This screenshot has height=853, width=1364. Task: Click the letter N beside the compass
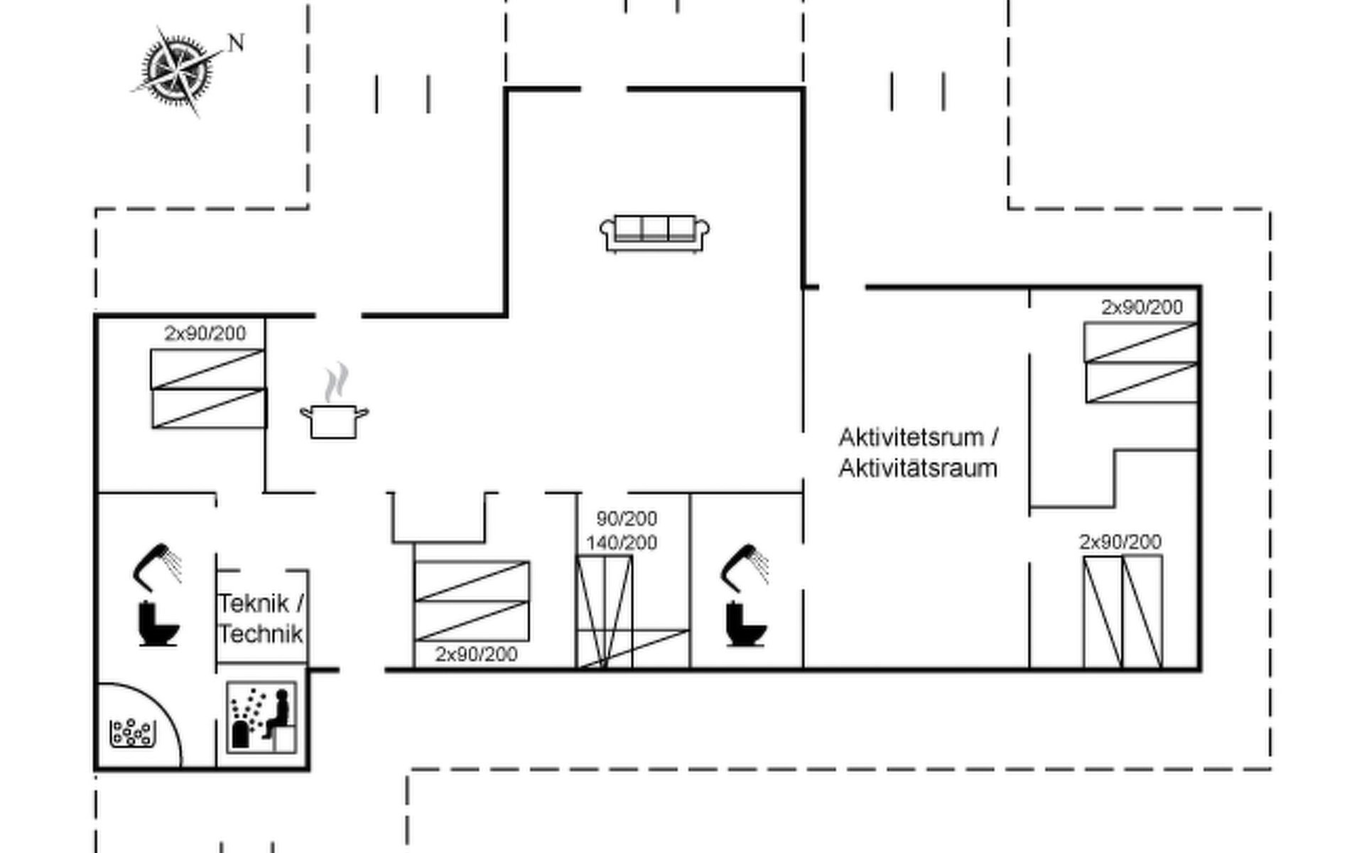pos(236,43)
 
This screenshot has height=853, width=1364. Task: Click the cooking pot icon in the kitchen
pos(334,421)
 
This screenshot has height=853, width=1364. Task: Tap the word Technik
pos(261,633)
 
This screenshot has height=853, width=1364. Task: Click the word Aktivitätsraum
pos(918,468)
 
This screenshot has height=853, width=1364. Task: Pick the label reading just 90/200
pos(627,518)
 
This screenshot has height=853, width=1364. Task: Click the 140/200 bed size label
pos(622,542)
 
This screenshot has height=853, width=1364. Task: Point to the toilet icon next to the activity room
pos(746,624)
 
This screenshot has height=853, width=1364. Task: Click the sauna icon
pos(261,717)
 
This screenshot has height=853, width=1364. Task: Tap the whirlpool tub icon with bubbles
pos(132,732)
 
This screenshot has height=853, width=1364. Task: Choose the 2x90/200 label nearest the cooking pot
pos(205,333)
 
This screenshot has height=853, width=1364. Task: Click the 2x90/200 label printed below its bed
pos(476,654)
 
